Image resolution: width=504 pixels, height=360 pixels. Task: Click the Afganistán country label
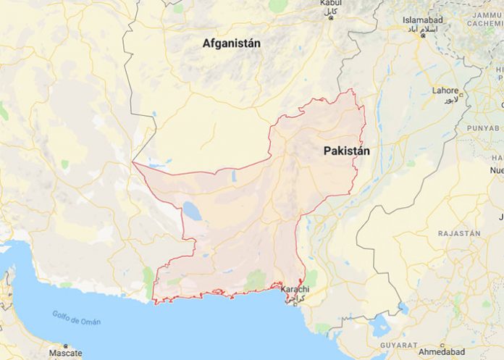point(232,43)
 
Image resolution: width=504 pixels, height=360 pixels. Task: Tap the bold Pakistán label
point(346,151)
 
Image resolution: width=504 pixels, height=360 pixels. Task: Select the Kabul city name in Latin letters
point(331,4)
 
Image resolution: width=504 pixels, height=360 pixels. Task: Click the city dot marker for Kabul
point(331,17)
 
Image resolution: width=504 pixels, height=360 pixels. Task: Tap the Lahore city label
point(445,91)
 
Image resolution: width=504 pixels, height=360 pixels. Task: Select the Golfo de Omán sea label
point(76,317)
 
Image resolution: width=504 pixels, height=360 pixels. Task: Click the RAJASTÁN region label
point(458,234)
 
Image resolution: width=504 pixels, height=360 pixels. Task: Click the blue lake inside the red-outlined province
point(192,211)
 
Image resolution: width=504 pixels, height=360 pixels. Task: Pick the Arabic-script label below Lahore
point(450,98)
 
